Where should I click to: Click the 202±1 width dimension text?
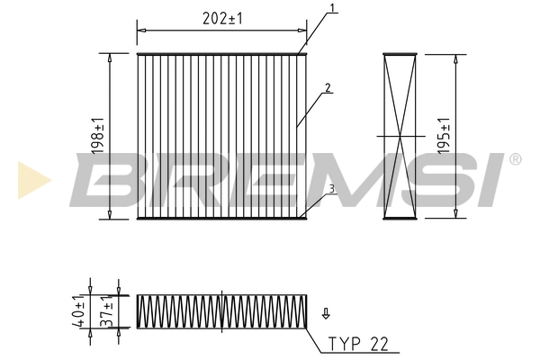(222, 18)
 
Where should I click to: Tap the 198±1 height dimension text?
(98, 136)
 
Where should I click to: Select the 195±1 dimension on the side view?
(444, 136)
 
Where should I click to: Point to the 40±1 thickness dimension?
(77, 311)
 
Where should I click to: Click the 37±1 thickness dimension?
(107, 311)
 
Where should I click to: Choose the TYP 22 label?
(358, 344)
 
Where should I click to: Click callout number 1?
(332, 8)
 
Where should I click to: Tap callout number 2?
(328, 88)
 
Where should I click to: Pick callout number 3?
(331, 189)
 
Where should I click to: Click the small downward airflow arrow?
(326, 313)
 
